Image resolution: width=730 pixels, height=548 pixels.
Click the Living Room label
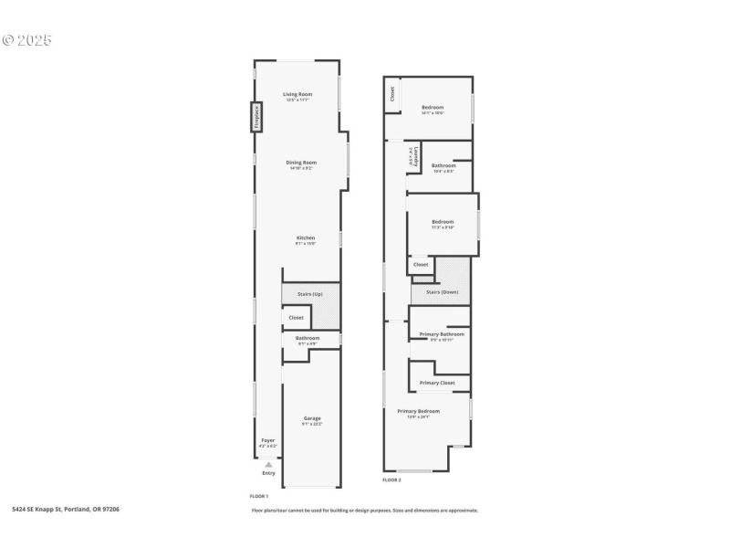[x=297, y=94]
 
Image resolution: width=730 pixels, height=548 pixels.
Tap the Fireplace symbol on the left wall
[x=257, y=117]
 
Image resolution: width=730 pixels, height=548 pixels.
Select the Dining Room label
[x=301, y=163]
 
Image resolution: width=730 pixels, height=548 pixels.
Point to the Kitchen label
[x=305, y=238]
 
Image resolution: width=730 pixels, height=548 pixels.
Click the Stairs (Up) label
[x=310, y=294]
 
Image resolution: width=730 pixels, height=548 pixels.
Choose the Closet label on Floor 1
[x=296, y=318]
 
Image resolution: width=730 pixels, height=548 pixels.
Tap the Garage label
[x=312, y=418]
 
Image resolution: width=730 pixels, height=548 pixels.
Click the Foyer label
[x=268, y=440]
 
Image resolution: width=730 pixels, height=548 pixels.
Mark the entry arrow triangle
[x=268, y=464]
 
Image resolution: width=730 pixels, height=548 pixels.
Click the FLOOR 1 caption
[x=259, y=496]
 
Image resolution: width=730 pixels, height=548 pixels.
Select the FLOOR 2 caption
[x=391, y=479]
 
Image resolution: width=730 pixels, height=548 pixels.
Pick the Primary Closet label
[x=436, y=383]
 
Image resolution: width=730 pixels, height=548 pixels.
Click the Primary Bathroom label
[x=442, y=334]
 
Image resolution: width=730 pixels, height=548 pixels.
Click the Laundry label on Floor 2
[x=416, y=156]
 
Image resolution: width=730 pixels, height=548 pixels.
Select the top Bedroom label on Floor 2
[x=433, y=107]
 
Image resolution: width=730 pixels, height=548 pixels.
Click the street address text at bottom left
[x=66, y=510]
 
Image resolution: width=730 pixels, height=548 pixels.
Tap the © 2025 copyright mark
[x=27, y=41]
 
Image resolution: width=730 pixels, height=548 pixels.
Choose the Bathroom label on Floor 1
[x=308, y=339]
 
